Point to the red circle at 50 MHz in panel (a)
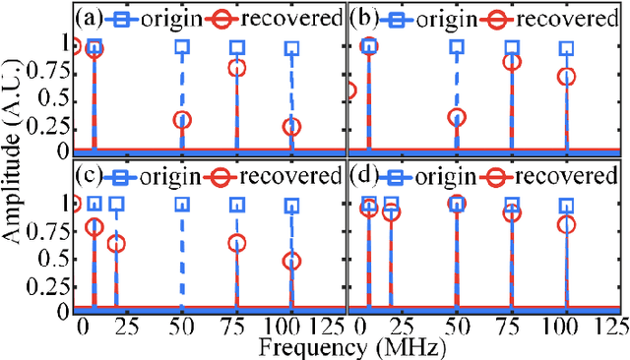click(x=182, y=120)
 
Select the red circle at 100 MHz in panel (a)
click(x=292, y=127)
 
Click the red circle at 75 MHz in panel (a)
click(x=237, y=68)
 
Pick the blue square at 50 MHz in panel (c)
click(x=182, y=205)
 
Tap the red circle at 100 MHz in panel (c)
click(x=292, y=262)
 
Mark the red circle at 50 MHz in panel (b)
click(x=457, y=117)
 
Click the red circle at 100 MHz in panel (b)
click(x=566, y=76)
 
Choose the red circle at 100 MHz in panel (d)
click(x=566, y=224)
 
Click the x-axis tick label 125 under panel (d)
click(x=614, y=327)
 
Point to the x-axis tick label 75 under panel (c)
click(x=237, y=327)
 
